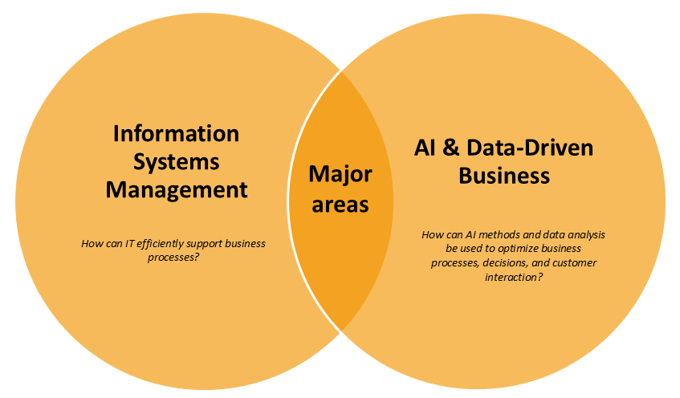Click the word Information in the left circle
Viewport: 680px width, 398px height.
tap(177, 133)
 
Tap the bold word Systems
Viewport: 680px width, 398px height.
tap(177, 161)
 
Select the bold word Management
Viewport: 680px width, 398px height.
tap(177, 190)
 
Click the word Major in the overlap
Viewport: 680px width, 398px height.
tap(340, 174)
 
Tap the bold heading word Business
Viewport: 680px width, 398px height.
tap(504, 176)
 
